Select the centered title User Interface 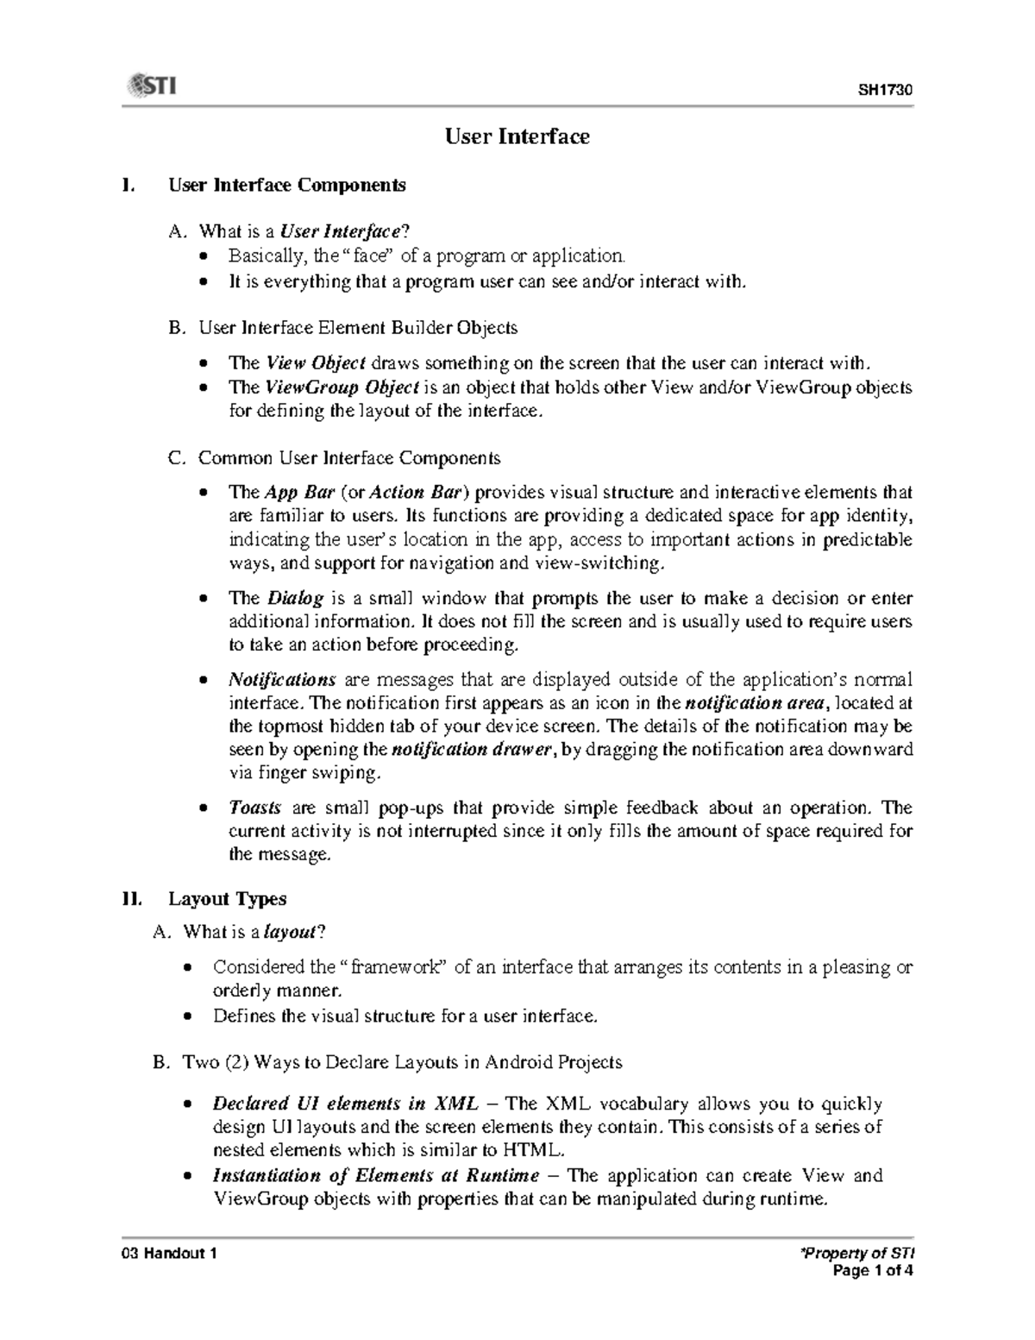click(517, 136)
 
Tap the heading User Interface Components click(286, 185)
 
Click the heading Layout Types click(227, 898)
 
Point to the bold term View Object click(316, 363)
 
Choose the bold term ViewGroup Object click(342, 387)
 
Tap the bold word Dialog click(295, 598)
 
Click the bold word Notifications click(281, 679)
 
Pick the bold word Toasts click(254, 808)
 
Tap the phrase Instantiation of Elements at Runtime click(375, 1175)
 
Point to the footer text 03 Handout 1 click(169, 1254)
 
